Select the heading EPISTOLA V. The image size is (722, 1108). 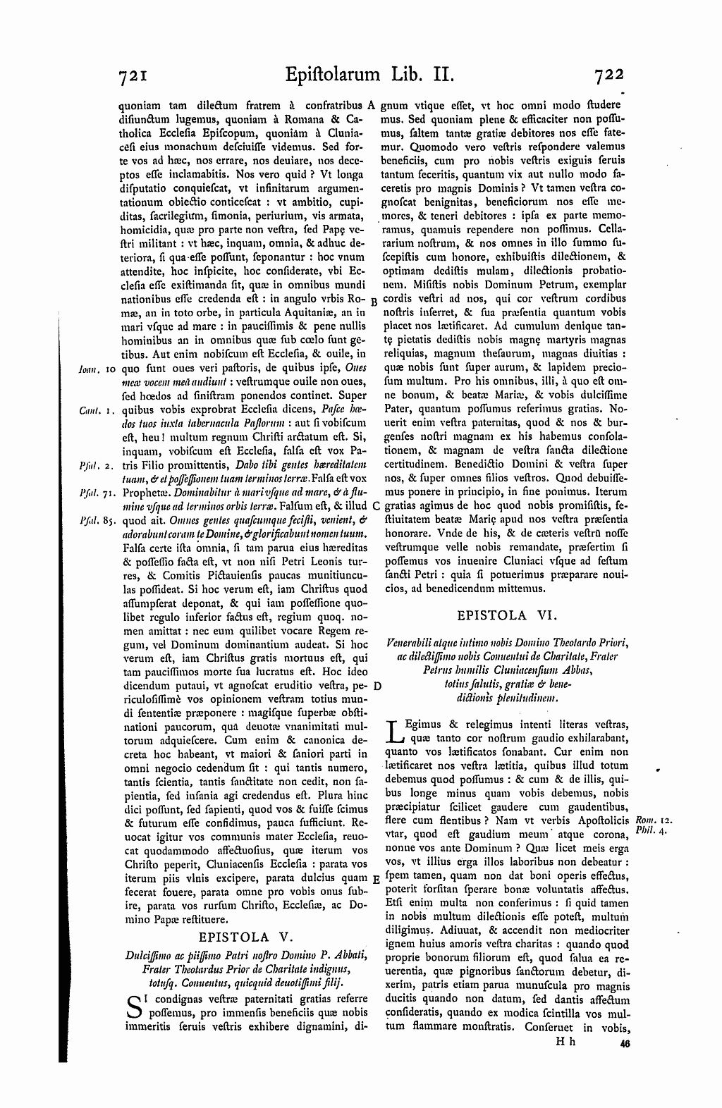244,937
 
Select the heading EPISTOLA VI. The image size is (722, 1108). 507,615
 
